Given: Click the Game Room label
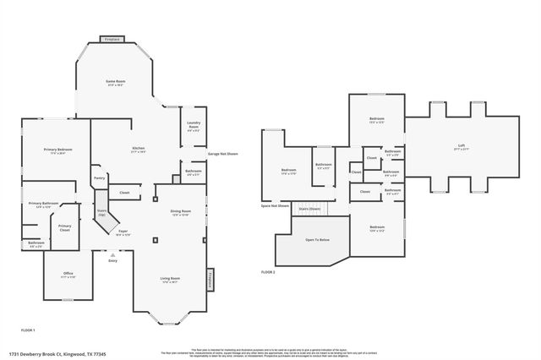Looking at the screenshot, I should point(115,81).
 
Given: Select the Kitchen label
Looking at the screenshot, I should point(138,149).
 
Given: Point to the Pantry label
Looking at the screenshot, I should point(99,177).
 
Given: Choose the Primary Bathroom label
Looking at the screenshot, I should point(43,204).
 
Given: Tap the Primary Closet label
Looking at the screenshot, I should point(64,226).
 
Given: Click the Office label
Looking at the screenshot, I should point(68,274).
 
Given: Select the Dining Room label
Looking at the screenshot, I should point(181,211).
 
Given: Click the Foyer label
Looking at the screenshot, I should point(123,232).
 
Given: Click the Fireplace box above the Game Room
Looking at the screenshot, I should point(111,39).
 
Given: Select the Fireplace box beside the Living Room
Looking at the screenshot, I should point(210,280).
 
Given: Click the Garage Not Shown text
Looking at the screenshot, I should point(223,154).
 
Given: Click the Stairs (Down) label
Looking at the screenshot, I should point(309,208).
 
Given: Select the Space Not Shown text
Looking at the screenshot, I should point(276,205).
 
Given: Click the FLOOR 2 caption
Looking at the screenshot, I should point(268,272).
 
